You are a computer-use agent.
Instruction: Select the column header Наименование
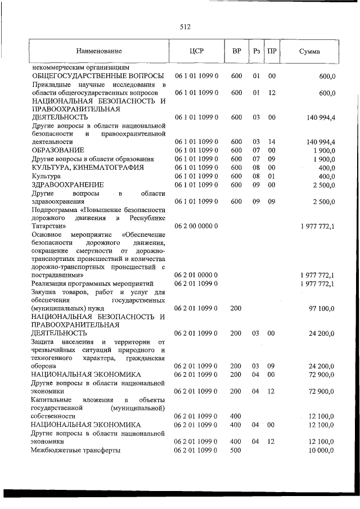coord(99,51)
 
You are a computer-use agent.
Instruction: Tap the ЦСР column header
coord(196,51)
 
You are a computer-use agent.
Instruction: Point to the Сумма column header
coord(309,51)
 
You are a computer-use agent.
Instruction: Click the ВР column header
coord(237,51)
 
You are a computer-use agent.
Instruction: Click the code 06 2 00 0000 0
coord(196,226)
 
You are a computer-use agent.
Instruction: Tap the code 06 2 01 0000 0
coord(196,275)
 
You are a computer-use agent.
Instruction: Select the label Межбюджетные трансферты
coord(76,451)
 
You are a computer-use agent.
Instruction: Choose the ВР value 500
coord(236,451)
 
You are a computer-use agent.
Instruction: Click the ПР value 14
coord(272,142)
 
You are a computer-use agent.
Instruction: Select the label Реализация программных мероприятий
coord(93,284)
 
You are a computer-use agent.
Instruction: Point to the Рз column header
coord(256,51)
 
